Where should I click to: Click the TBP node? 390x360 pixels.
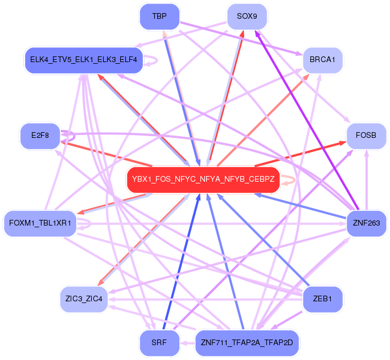pos(160,17)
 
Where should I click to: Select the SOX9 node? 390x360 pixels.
pos(247,17)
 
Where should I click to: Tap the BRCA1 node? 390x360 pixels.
pos(322,59)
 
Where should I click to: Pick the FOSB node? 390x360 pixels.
pos(367,137)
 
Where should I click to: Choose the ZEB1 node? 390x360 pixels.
pos(323,298)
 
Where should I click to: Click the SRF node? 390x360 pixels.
pos(160,343)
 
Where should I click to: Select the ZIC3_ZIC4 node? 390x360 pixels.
pos(84,298)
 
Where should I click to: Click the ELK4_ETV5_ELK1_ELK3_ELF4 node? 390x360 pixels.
pos(83,59)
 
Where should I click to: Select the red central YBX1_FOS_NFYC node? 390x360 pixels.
pos(203,179)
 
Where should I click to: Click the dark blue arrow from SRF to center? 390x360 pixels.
pos(181,262)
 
